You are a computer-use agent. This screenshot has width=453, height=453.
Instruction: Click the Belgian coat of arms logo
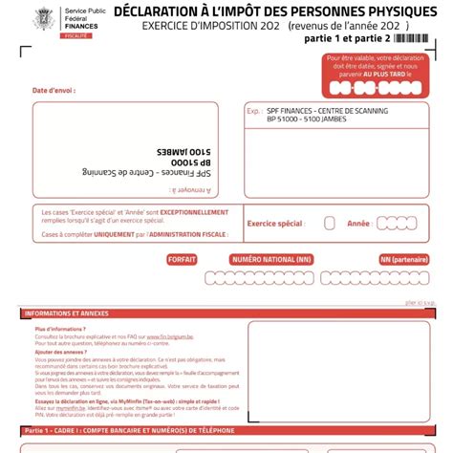(43, 17)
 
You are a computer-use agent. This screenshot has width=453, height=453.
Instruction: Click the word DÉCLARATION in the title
(159, 11)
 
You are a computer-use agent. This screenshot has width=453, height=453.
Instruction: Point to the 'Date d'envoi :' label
(54, 91)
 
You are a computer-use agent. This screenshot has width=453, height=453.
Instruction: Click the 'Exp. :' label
(254, 111)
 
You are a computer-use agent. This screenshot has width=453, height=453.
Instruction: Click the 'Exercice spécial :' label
(275, 223)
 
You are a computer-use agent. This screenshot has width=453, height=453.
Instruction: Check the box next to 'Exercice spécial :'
(330, 223)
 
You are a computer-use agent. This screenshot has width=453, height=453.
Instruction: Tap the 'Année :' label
(359, 223)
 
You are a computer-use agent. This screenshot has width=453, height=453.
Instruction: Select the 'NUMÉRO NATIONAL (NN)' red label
(272, 259)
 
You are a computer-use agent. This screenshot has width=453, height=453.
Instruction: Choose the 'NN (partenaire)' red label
(404, 259)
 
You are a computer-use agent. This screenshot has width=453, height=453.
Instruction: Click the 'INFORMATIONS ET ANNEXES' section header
(67, 313)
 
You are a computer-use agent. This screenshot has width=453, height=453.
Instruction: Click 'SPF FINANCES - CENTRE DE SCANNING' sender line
(323, 111)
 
